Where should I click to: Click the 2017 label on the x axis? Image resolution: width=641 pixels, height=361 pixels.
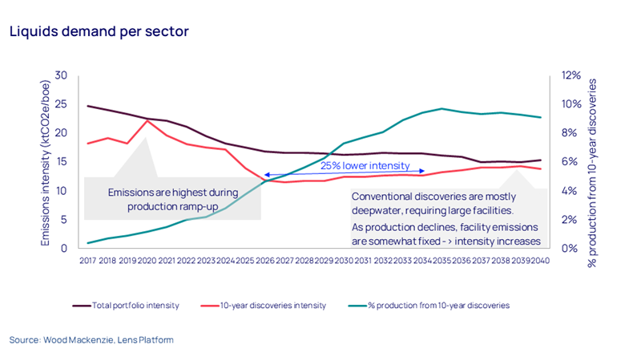point(87,260)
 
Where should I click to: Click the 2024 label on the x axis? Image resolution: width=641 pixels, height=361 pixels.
point(225,260)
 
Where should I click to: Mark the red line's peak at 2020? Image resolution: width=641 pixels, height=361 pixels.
point(147,120)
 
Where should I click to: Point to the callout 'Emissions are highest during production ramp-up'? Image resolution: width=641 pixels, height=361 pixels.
point(172,199)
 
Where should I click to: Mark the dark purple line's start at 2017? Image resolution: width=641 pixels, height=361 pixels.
point(87,106)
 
